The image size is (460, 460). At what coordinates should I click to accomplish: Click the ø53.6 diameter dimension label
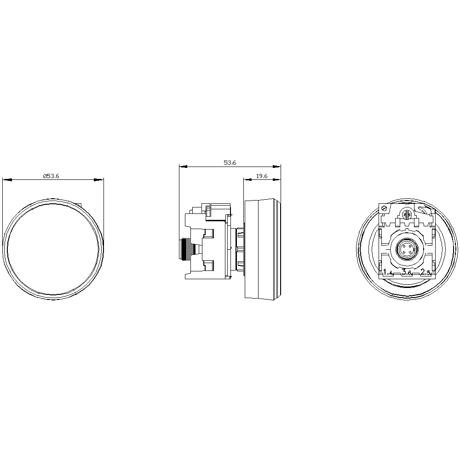pos(51,176)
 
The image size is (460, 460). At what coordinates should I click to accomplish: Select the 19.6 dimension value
pos(262,176)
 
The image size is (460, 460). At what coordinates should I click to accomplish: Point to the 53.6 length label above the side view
pos(230,162)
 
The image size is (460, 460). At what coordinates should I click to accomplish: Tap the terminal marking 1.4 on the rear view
pos(388,272)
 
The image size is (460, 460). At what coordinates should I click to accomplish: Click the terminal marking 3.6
pos(407,272)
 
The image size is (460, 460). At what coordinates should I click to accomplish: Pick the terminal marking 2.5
pos(425,272)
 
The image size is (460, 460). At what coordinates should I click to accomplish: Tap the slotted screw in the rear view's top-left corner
pos(384,209)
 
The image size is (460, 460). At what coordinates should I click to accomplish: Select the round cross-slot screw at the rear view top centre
pos(407,215)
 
